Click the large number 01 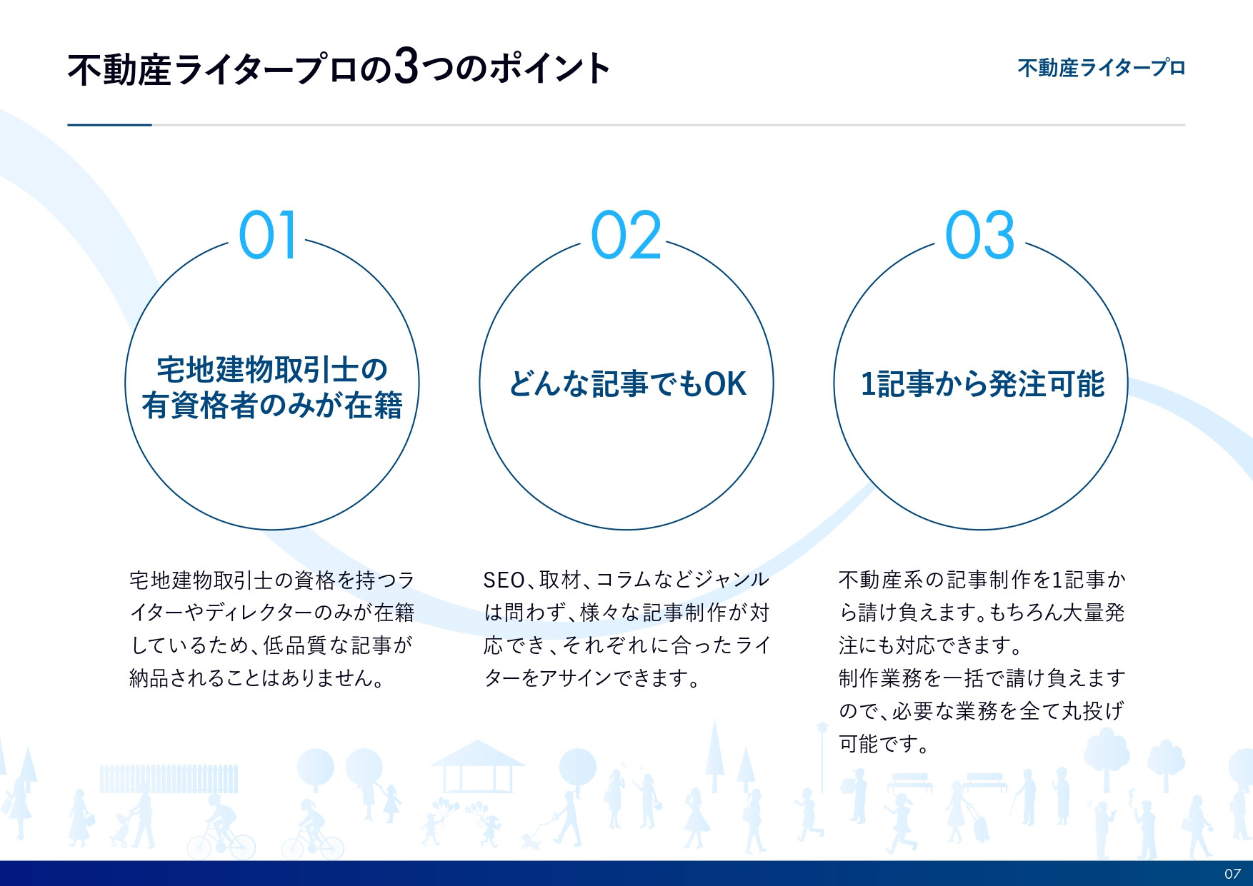(x=267, y=235)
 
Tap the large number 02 (x=626, y=235)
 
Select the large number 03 (x=979, y=235)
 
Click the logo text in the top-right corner (x=1101, y=69)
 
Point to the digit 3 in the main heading (x=406, y=67)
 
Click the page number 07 (x=1232, y=874)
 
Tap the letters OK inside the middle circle (x=725, y=384)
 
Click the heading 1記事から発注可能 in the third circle (x=982, y=384)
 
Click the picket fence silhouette (x=169, y=779)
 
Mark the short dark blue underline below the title (x=109, y=125)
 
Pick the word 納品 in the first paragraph (x=149, y=678)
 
